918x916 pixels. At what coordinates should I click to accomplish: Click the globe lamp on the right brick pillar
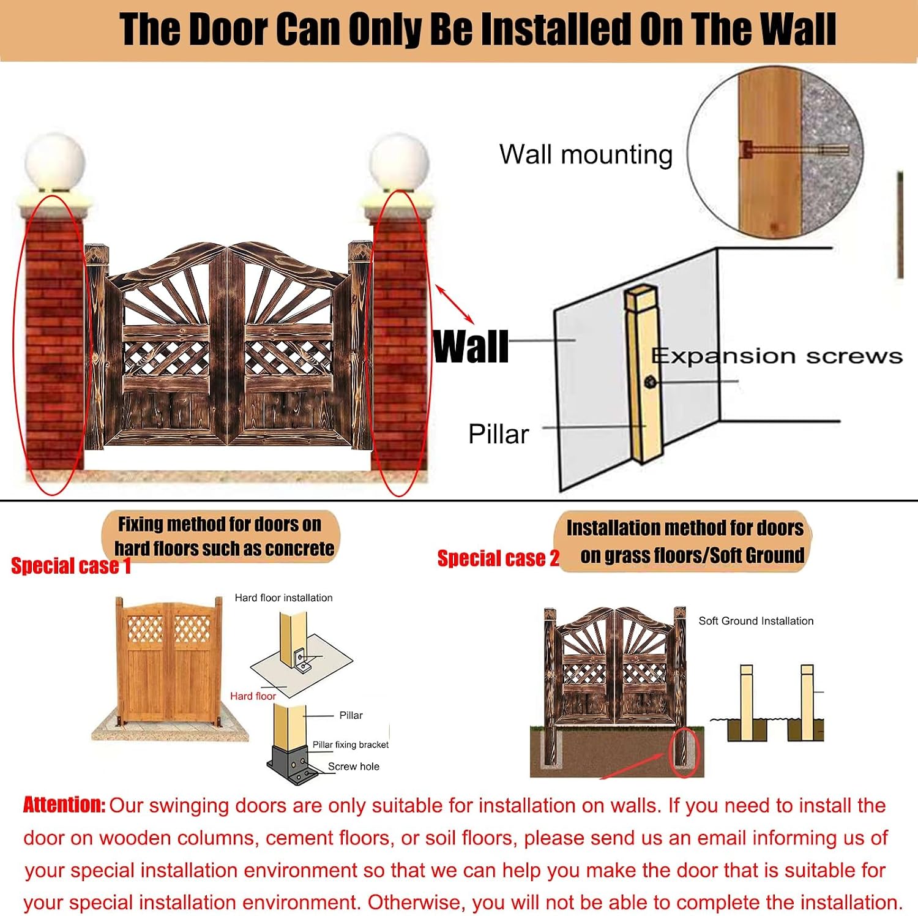point(399,162)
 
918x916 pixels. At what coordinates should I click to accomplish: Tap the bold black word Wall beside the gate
point(471,347)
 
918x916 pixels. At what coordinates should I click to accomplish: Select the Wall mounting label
point(586,154)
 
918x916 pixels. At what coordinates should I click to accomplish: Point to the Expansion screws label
point(777,356)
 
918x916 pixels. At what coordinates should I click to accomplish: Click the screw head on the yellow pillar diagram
point(650,383)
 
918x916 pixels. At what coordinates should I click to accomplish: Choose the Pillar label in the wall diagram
point(498,434)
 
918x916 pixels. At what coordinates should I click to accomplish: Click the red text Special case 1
point(71,566)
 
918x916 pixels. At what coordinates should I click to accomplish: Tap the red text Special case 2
point(498,558)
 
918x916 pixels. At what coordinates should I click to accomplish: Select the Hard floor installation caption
point(283,598)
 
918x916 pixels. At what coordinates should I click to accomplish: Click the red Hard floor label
point(253,696)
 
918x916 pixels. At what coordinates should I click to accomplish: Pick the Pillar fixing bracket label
point(351,745)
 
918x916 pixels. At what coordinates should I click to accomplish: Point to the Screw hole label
point(354,767)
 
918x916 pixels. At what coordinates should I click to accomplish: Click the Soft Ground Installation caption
point(756,621)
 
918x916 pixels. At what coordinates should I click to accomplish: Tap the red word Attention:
point(64,805)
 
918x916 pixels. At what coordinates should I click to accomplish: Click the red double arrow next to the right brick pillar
point(455,304)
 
